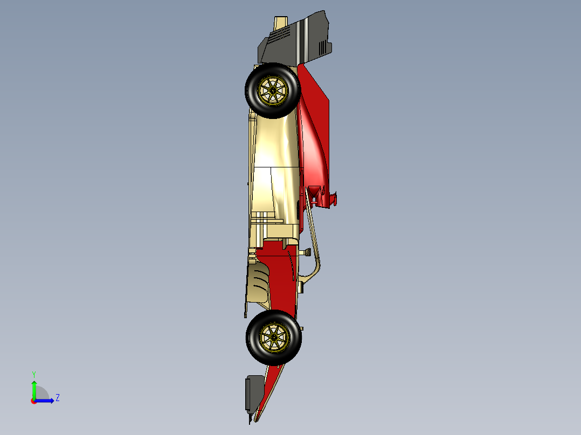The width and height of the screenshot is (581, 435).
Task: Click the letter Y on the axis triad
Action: (x=33, y=374)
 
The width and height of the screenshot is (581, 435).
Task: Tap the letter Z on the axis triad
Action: (x=57, y=398)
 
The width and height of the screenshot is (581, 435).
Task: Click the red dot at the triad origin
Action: (x=33, y=401)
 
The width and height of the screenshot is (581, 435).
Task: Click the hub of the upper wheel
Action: (x=272, y=90)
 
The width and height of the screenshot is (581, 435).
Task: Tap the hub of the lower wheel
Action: (x=273, y=336)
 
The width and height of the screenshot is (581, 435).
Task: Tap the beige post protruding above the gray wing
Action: (x=280, y=22)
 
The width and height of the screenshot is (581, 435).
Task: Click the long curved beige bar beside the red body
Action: (x=316, y=242)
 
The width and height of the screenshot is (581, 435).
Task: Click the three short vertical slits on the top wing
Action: (x=322, y=47)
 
